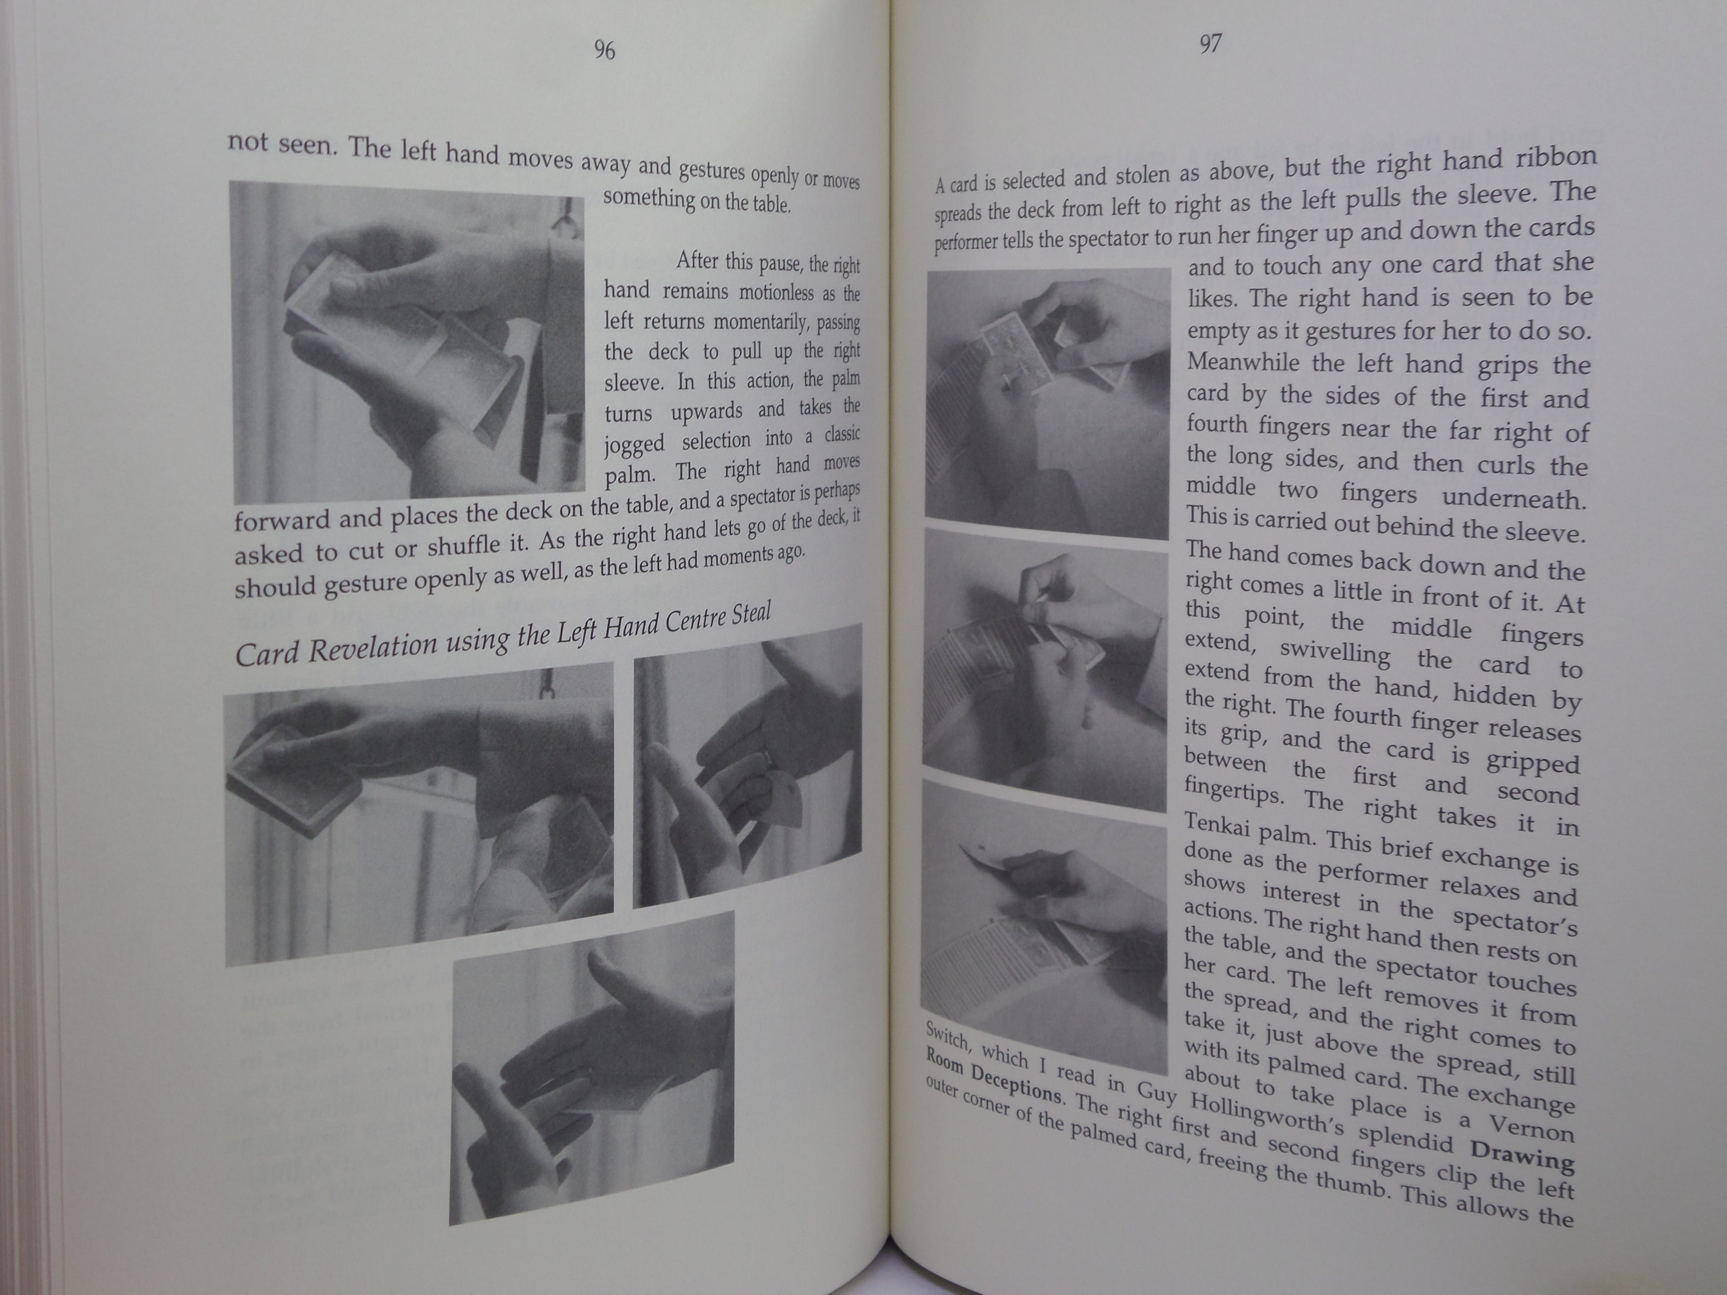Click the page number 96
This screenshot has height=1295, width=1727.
pyautogui.click(x=604, y=51)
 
